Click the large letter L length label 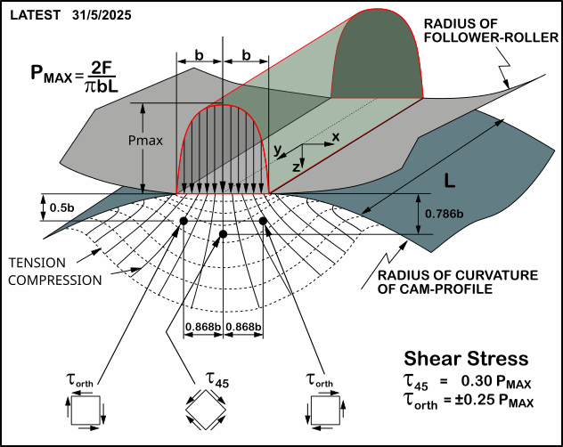(x=453, y=181)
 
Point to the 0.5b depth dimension (x=61, y=208)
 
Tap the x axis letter (x=336, y=136)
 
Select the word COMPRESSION (x=52, y=280)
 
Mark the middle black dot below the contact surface (x=223, y=234)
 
